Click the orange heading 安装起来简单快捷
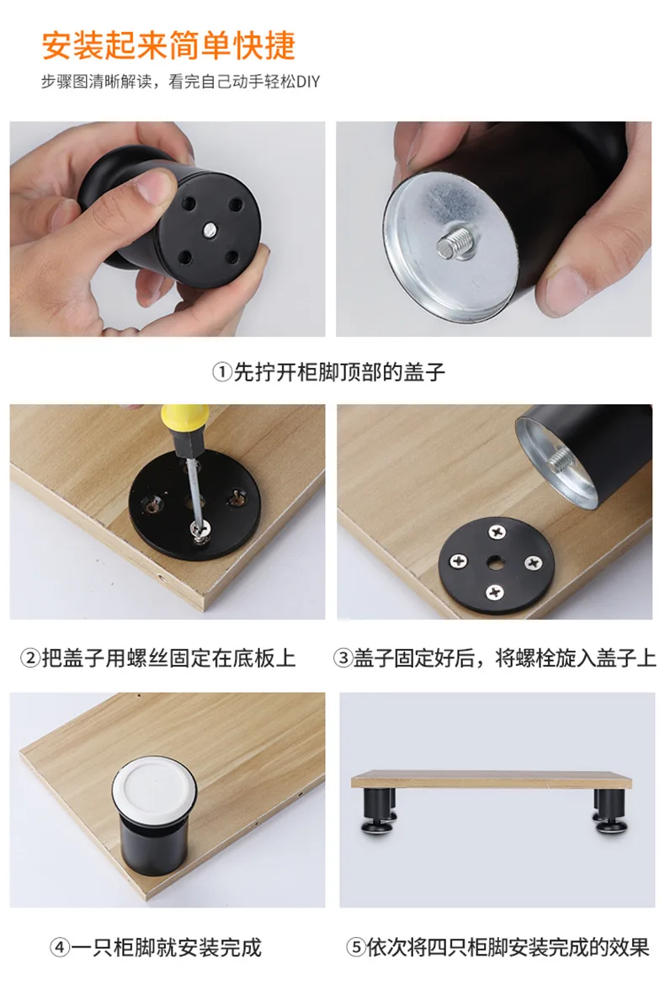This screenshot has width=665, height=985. tap(168, 45)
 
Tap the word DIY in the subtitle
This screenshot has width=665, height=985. tap(308, 82)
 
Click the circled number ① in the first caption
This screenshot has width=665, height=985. tap(222, 372)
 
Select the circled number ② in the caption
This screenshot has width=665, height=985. tap(30, 658)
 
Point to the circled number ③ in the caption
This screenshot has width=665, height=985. tap(343, 658)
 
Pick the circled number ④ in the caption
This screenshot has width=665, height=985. tap(61, 946)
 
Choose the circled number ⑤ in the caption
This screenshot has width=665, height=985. tap(356, 946)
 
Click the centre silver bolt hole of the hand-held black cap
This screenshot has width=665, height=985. tap(210, 231)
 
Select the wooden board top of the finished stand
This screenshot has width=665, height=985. tap(491, 780)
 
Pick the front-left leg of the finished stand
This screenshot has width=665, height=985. tap(376, 812)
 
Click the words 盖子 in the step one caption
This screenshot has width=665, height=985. tap(424, 372)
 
